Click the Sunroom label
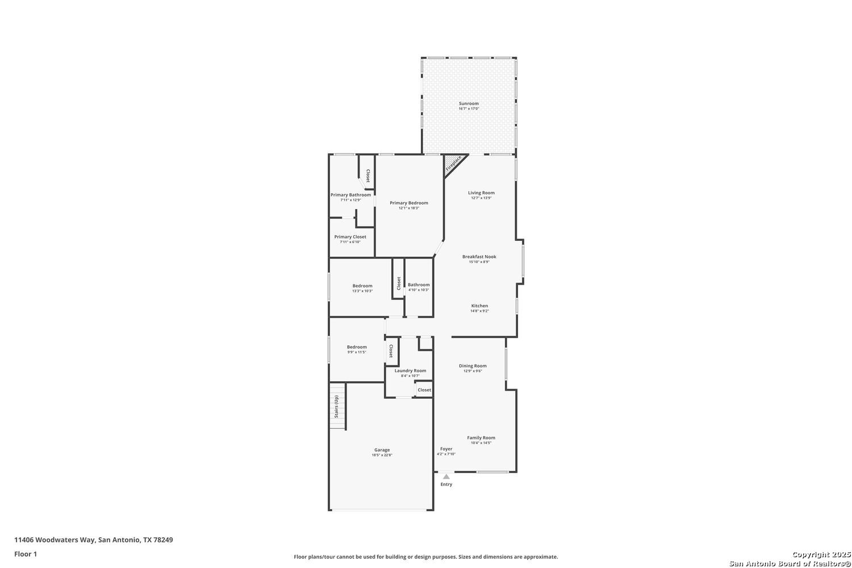[469, 103]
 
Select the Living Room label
[481, 193]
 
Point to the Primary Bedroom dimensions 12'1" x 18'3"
[408, 208]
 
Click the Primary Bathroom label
[350, 195]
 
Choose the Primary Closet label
[350, 237]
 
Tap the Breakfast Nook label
[479, 257]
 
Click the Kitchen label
[479, 306]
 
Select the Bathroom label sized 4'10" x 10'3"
[419, 285]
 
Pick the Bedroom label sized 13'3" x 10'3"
[362, 286]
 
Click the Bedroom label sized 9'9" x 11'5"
[357, 347]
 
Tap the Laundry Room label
[410, 370]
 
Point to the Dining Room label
[473, 366]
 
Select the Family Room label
[481, 437]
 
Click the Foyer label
[446, 449]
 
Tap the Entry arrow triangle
[446, 477]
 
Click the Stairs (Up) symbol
[337, 407]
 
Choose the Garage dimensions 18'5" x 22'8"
[382, 455]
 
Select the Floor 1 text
[26, 554]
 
